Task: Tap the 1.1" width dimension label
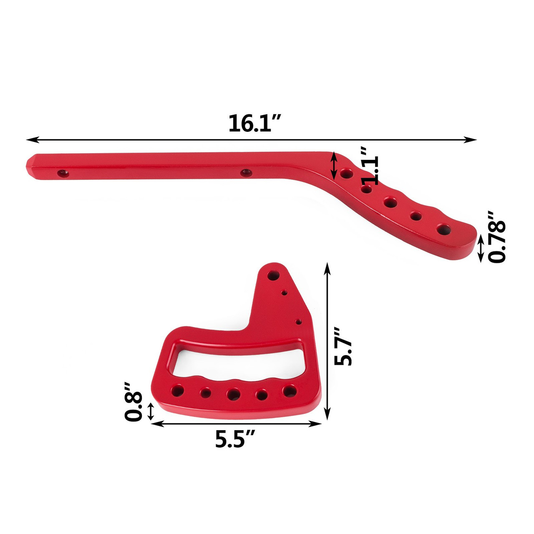[370, 166]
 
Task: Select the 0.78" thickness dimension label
[497, 237]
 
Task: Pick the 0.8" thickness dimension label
[133, 401]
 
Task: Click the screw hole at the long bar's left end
[63, 173]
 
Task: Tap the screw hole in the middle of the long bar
[246, 172]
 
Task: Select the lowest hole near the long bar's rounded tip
[443, 229]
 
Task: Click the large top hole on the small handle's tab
[273, 275]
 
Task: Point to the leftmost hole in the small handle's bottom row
[177, 391]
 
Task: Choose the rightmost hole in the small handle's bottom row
[289, 391]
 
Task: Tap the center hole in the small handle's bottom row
[233, 393]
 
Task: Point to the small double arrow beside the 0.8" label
[151, 411]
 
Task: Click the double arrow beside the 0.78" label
[481, 249]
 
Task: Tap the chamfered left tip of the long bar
[30, 166]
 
